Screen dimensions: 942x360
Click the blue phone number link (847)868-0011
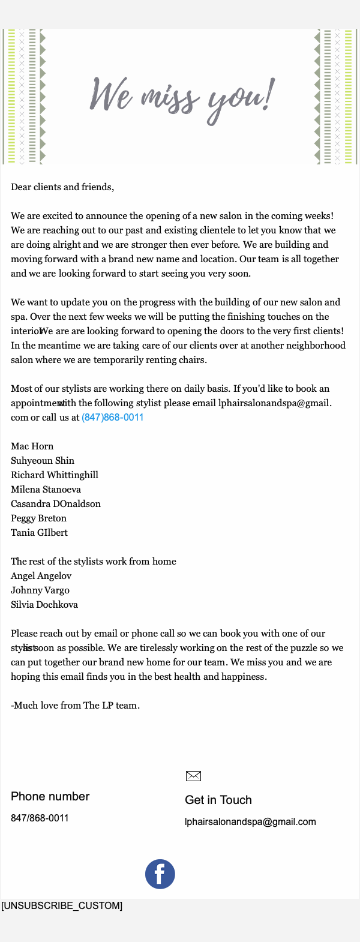[x=113, y=418]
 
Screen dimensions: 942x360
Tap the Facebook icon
[x=160, y=874]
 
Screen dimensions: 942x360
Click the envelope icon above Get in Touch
[x=193, y=776]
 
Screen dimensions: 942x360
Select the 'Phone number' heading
[x=50, y=797]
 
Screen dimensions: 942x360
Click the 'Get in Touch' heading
[x=218, y=800]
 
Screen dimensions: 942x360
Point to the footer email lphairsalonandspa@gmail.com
[x=250, y=822]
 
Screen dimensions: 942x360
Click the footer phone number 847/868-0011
[x=40, y=818]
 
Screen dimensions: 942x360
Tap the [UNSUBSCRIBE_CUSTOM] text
[x=62, y=905]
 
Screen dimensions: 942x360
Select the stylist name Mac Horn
[x=32, y=446]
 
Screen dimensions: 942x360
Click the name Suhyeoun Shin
[x=43, y=461]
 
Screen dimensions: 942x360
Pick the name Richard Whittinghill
[x=55, y=475]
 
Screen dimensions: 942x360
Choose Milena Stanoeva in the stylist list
[x=46, y=490]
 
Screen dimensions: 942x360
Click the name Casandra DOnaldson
[x=56, y=504]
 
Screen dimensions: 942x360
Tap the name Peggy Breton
[x=38, y=518]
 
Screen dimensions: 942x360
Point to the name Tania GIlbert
[x=39, y=533]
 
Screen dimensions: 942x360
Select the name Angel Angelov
[x=41, y=576]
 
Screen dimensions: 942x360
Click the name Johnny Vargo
[x=40, y=590]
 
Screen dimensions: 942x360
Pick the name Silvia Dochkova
[x=44, y=605]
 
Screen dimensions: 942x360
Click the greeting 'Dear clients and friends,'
[x=62, y=187]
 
